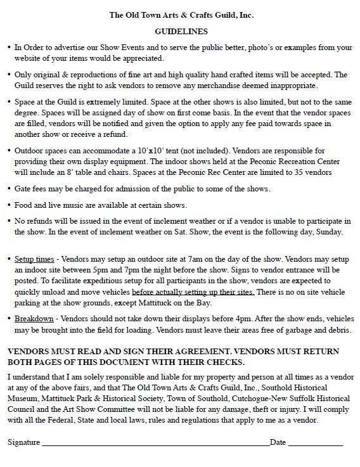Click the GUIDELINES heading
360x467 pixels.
[x=181, y=30]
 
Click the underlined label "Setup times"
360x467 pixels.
[x=33, y=259]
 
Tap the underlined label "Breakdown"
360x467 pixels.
[x=33, y=319]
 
